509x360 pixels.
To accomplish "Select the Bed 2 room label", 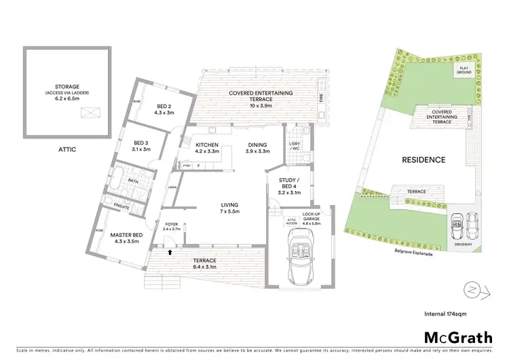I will [164, 109].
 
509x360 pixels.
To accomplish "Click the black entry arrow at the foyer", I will [170, 252].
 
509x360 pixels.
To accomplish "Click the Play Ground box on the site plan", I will [464, 69].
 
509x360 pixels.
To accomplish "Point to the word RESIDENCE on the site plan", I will [423, 160].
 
